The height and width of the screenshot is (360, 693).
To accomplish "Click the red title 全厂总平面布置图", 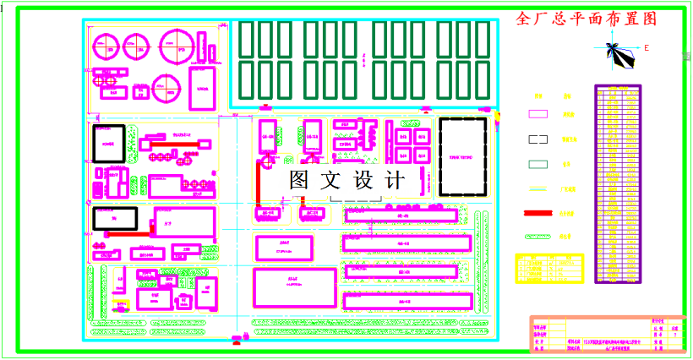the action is pyautogui.click(x=586, y=19).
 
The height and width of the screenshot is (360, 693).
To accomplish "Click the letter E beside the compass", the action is pyautogui.click(x=647, y=48).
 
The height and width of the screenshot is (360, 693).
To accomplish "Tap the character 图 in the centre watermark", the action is pyautogui.click(x=301, y=180).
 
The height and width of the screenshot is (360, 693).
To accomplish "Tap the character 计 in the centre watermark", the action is pyautogui.click(x=394, y=180).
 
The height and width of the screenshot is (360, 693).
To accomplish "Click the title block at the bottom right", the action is pyautogui.click(x=605, y=333).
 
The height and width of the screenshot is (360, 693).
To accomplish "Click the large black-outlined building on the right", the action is pyautogui.click(x=462, y=155).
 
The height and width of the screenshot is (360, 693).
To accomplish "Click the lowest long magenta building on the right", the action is pyautogui.click(x=406, y=300).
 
